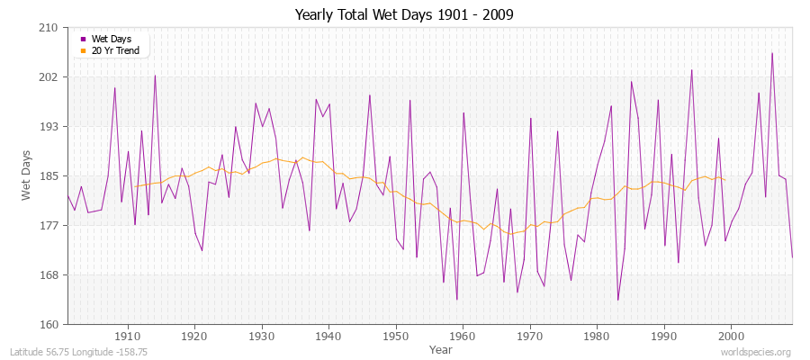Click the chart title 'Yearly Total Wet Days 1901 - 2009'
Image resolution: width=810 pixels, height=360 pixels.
coord(404,15)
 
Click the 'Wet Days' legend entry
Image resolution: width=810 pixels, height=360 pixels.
coord(111,39)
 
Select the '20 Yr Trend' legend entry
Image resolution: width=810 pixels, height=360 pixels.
coord(115,50)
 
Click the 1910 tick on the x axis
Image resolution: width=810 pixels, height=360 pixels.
coord(128,336)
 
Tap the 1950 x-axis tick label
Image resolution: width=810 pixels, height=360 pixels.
coord(395,336)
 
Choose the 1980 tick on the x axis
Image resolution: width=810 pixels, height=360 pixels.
coord(596,336)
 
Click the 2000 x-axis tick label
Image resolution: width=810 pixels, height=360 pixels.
coord(730,336)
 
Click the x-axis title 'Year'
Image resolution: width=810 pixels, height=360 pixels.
coord(440,349)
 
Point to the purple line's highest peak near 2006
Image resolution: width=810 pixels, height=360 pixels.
coord(771,53)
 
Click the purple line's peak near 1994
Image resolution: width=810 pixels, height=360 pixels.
coord(691,70)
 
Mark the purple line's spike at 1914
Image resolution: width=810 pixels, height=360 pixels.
coord(155,76)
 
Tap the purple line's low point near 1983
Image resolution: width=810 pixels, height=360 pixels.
coord(617,300)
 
